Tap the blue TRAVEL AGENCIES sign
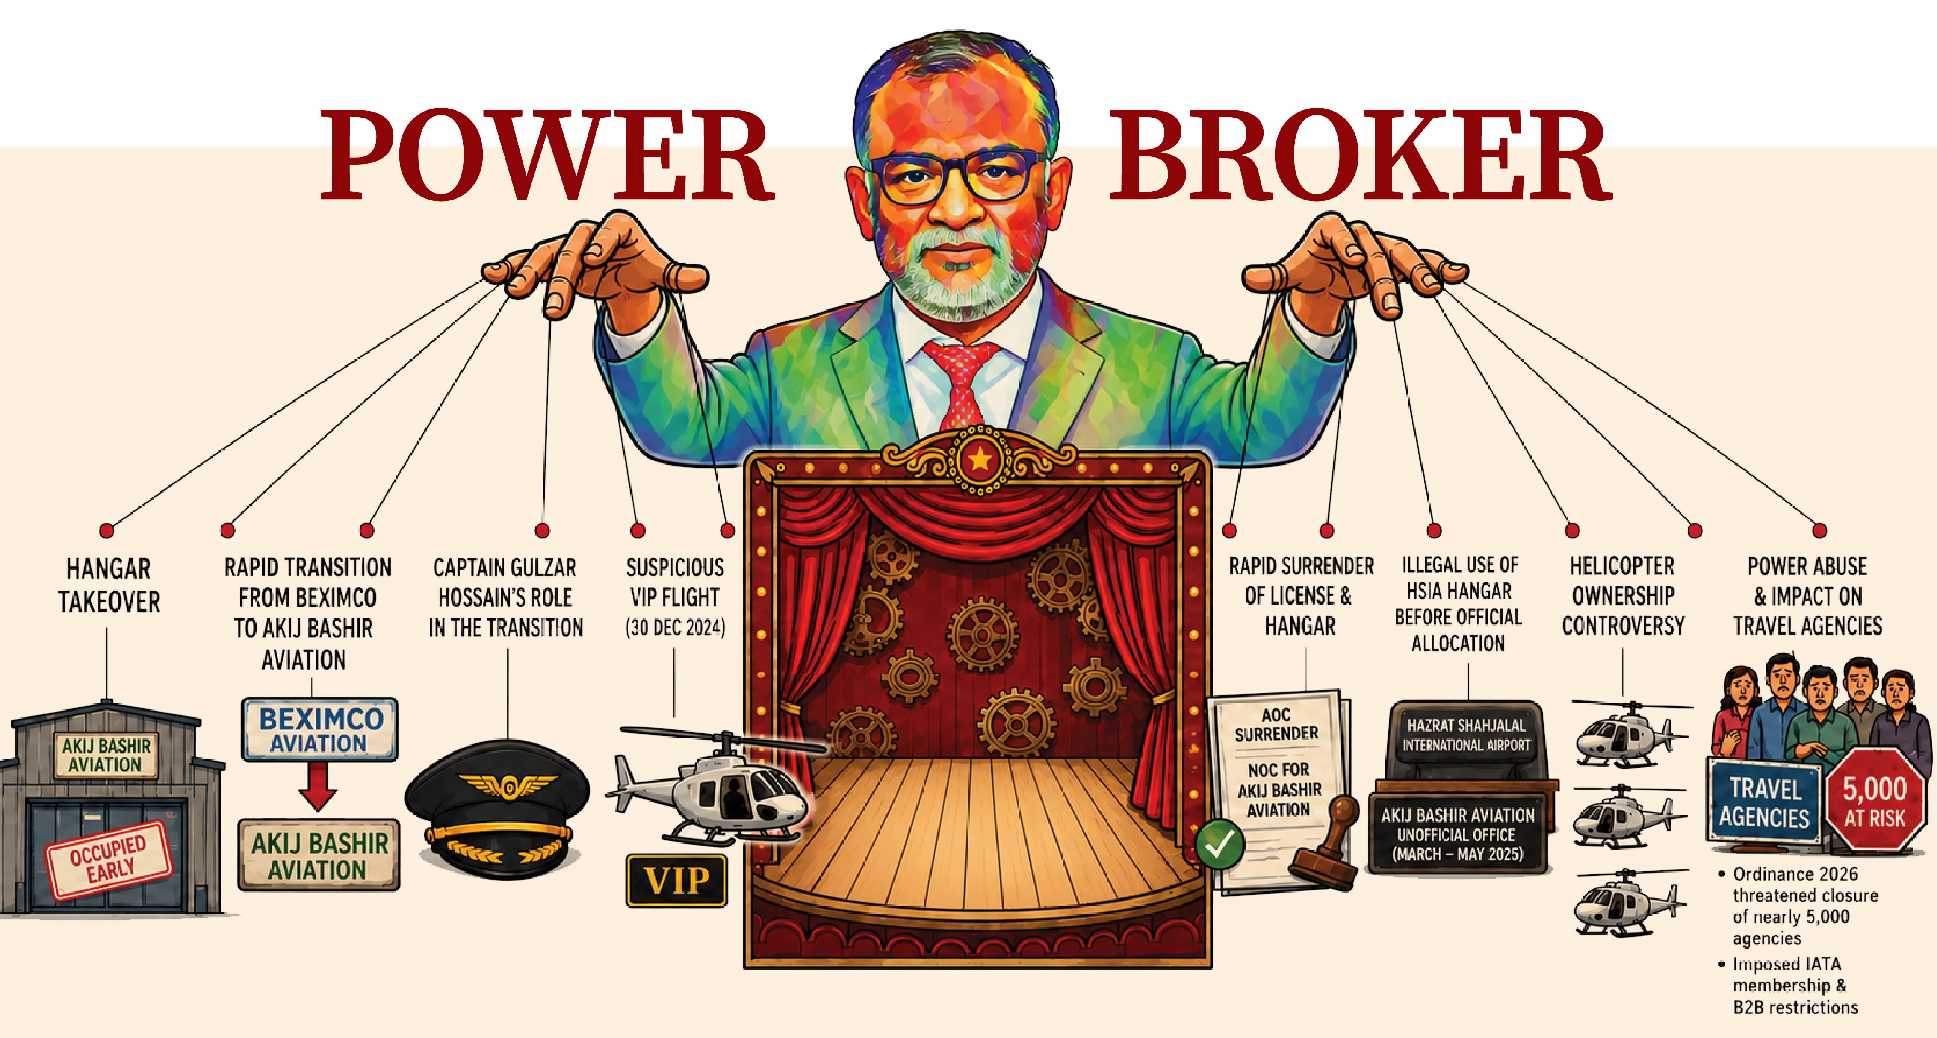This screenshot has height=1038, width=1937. coord(1764,802)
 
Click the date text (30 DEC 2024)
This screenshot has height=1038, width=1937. coord(675,628)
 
